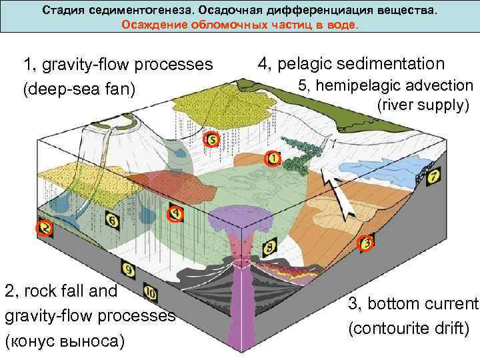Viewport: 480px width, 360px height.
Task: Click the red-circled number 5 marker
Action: point(211,140)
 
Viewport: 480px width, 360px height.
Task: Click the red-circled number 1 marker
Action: point(273,159)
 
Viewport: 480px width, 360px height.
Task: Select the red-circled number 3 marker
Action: point(366,243)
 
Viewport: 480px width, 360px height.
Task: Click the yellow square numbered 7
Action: point(434,177)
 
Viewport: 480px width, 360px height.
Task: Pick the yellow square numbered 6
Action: point(111,219)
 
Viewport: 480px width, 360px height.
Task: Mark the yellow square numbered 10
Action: point(150,293)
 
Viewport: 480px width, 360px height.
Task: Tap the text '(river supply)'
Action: point(424,105)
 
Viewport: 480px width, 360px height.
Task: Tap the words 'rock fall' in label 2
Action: point(59,291)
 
